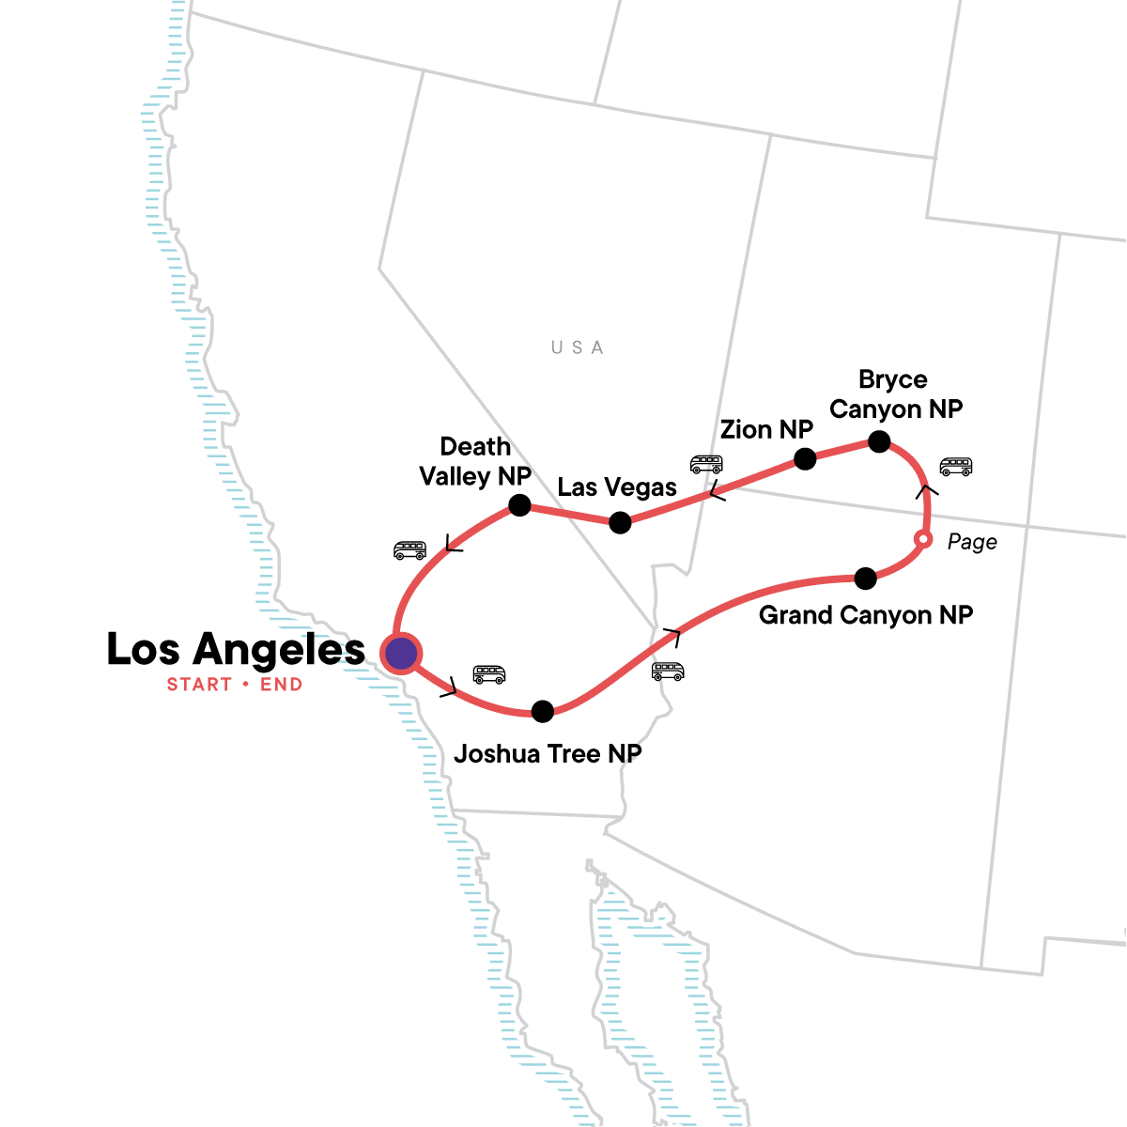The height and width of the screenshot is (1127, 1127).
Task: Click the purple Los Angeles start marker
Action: tap(401, 653)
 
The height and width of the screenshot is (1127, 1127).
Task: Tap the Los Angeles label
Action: tap(236, 649)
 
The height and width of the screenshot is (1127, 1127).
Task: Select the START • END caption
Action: tap(235, 685)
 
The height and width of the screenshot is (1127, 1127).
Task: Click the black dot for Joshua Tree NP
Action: tap(543, 711)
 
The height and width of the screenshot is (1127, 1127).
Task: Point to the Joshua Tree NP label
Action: tap(548, 753)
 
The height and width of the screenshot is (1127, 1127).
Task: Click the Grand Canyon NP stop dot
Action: tap(866, 579)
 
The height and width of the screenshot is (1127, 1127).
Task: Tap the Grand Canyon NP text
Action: tap(866, 615)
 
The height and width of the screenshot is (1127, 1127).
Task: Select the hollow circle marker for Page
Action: tap(923, 539)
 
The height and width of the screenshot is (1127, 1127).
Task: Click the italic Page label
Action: tap(972, 542)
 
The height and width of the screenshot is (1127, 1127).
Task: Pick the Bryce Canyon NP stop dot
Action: tap(879, 441)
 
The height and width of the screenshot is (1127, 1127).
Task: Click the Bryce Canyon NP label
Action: tap(895, 394)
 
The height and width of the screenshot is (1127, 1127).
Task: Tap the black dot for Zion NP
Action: tap(805, 458)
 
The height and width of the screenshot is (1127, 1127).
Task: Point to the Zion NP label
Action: tap(766, 429)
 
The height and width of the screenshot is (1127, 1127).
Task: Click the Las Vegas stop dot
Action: tap(620, 522)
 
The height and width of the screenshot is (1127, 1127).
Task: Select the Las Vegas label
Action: tap(617, 487)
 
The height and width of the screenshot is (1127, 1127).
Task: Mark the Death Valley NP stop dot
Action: tap(519, 505)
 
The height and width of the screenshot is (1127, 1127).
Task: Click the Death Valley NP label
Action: tap(475, 461)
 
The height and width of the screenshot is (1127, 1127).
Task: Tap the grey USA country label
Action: tap(577, 347)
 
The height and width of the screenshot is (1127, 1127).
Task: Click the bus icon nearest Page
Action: tap(956, 466)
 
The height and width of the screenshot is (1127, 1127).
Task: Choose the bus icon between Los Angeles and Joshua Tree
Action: tap(489, 674)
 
